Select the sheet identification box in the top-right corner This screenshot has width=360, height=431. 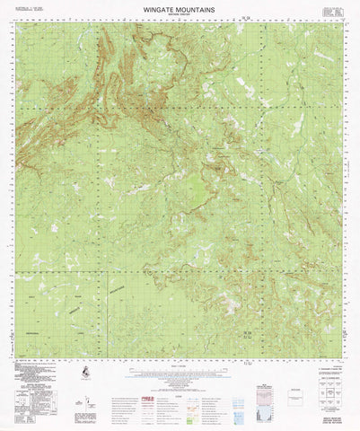click(333, 13)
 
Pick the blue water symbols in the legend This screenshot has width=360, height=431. click(180, 395)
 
